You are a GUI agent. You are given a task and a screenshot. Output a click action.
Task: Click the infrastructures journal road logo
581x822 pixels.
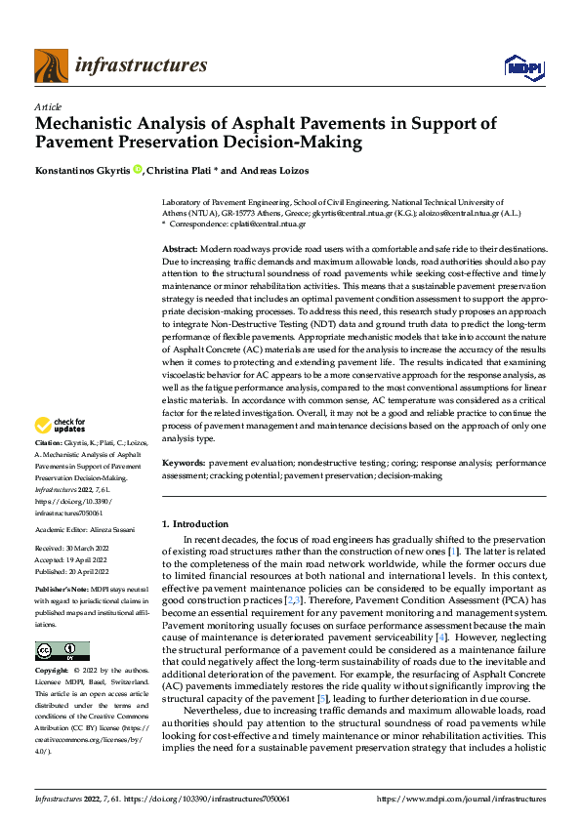pyautogui.click(x=51, y=66)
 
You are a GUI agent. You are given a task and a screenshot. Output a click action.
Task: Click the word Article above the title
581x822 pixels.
pyautogui.click(x=48, y=106)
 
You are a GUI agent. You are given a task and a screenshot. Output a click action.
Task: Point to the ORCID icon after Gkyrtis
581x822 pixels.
pyautogui.click(x=138, y=171)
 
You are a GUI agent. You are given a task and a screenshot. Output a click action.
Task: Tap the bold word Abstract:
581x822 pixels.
pyautogui.click(x=180, y=251)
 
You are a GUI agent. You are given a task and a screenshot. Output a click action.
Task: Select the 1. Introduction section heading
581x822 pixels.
pyautogui.click(x=194, y=524)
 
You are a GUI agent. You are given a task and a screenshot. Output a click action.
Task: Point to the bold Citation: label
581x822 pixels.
pyautogui.click(x=50, y=442)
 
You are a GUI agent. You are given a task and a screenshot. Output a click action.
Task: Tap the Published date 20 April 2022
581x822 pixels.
pyautogui.click(x=88, y=571)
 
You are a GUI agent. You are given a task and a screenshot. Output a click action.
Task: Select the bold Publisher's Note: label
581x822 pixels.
pyautogui.click(x=62, y=592)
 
